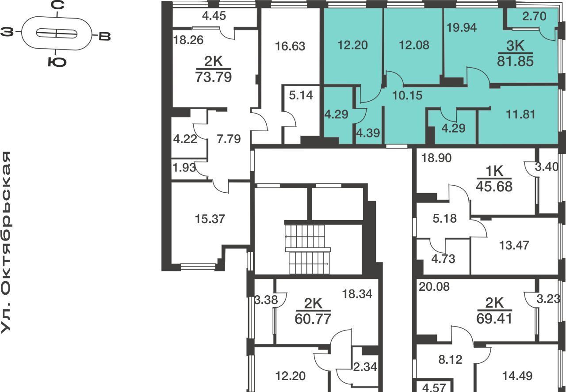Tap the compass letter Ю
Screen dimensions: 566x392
point(57,62)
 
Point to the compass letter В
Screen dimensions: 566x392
point(104,37)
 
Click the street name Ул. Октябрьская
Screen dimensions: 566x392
point(6,243)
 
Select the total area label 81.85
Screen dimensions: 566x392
point(515,61)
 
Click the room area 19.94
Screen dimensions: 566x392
point(462,27)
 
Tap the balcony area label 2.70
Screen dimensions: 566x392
point(534,16)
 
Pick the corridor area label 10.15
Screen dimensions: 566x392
point(407,95)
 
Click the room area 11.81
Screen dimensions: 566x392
point(520,114)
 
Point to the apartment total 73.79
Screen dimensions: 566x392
point(214,77)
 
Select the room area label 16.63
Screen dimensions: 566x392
point(290,46)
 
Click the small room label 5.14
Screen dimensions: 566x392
point(301,95)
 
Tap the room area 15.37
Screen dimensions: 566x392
point(210,219)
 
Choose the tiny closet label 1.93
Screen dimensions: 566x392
point(184,167)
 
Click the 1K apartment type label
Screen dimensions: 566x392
point(494,171)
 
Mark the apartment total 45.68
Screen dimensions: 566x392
point(494,186)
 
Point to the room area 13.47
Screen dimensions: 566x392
point(514,245)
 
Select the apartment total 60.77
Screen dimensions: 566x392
point(313,319)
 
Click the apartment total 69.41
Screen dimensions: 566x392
point(494,319)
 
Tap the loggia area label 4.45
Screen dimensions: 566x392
point(214,16)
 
